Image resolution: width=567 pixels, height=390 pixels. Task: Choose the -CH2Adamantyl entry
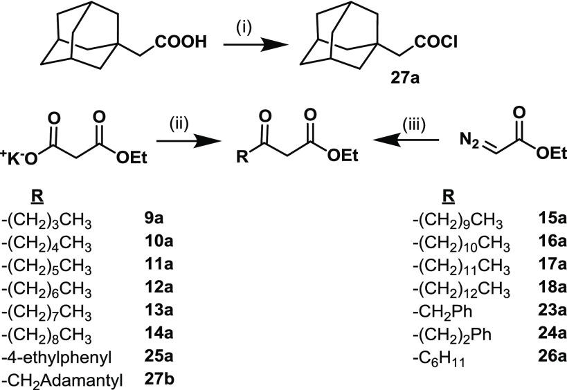pyautogui.click(x=55, y=377)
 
